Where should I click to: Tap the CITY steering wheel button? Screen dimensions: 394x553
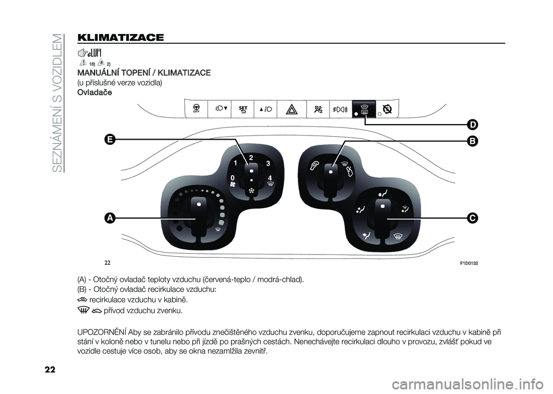pyautogui.click(x=196, y=109)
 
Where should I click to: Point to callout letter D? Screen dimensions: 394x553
pyautogui.click(x=472, y=125)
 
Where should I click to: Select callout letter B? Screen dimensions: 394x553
pyautogui.click(x=472, y=141)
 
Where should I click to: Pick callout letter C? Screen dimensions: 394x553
pyautogui.click(x=472, y=218)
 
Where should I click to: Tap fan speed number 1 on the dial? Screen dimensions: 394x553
pyautogui.click(x=236, y=165)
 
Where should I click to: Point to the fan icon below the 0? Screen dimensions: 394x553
pyautogui.click(x=232, y=185)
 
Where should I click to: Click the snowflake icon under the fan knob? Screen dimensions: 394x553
pyautogui.click(x=251, y=191)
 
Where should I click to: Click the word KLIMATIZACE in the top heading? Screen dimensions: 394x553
pyautogui.click(x=119, y=38)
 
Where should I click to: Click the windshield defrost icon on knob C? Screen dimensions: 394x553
pyautogui.click(x=395, y=237)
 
